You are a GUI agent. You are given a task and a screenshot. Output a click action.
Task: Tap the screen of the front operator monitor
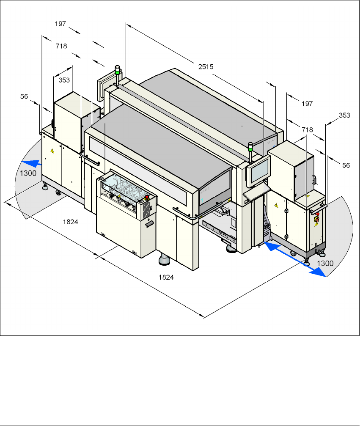[259, 170]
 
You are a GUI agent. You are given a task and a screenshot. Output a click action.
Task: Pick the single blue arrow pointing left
[31, 162]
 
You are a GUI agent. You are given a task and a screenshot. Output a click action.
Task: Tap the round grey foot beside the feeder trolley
[164, 260]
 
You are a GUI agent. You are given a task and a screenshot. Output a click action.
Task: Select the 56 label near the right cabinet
[346, 166]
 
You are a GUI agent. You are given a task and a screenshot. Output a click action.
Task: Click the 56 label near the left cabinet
[24, 96]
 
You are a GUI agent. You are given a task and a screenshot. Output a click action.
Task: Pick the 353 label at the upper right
[344, 115]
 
